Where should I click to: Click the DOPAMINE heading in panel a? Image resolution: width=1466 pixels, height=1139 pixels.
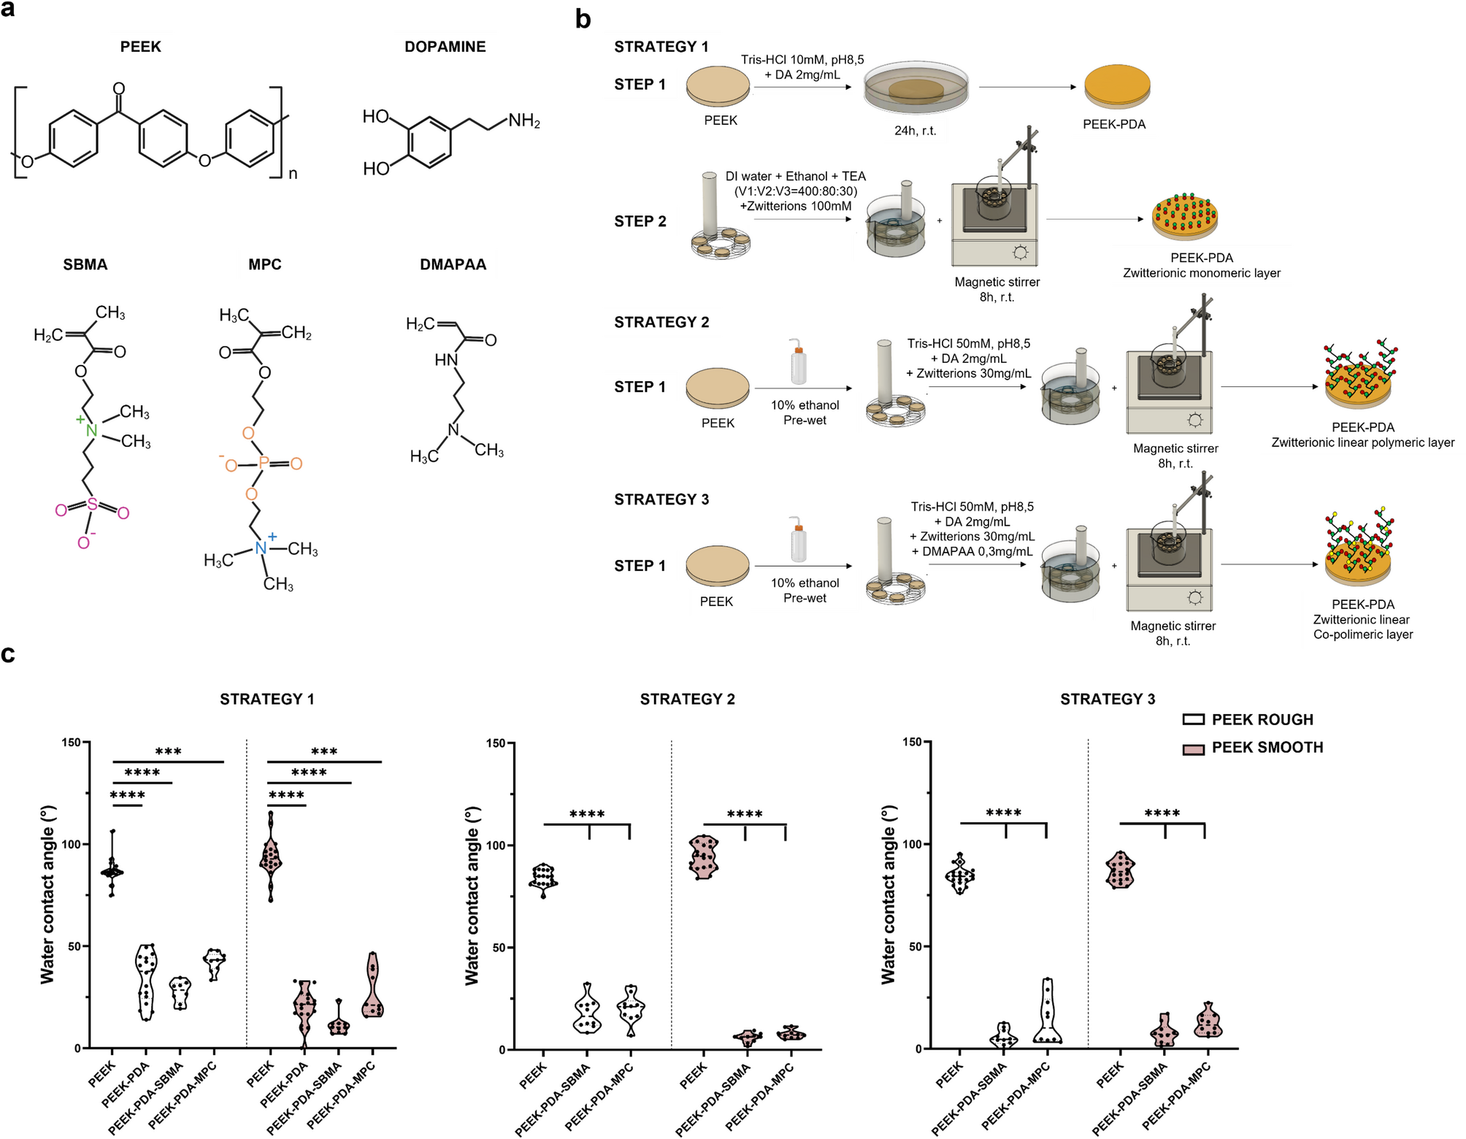click(x=445, y=47)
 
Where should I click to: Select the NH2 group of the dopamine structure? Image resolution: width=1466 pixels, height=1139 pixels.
click(x=524, y=120)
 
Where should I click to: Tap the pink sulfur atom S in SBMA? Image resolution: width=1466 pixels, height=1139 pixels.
click(x=92, y=505)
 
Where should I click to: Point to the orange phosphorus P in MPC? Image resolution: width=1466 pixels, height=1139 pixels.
click(x=264, y=463)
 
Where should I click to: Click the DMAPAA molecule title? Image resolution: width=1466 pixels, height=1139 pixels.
click(x=453, y=264)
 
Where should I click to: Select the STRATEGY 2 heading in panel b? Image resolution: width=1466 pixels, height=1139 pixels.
click(x=661, y=322)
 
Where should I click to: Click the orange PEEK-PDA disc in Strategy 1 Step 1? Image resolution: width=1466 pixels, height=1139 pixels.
click(x=1117, y=87)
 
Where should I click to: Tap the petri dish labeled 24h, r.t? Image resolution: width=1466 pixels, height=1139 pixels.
click(x=916, y=91)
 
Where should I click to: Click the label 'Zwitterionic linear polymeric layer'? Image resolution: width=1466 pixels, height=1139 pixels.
click(x=1362, y=442)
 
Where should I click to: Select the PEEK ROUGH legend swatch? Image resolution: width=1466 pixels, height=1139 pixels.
click(x=1194, y=720)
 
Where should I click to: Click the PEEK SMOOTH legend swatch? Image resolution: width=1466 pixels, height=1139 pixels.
click(x=1194, y=748)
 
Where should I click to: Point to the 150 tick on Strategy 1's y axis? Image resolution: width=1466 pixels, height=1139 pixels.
click(x=72, y=743)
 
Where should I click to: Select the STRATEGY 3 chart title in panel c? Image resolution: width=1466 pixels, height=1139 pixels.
click(x=1108, y=699)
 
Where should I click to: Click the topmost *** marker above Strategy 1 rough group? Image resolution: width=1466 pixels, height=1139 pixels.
click(x=168, y=752)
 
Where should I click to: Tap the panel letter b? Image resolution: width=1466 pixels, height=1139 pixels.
click(x=583, y=19)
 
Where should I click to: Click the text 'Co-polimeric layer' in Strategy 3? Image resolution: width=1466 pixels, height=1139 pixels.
click(x=1362, y=634)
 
